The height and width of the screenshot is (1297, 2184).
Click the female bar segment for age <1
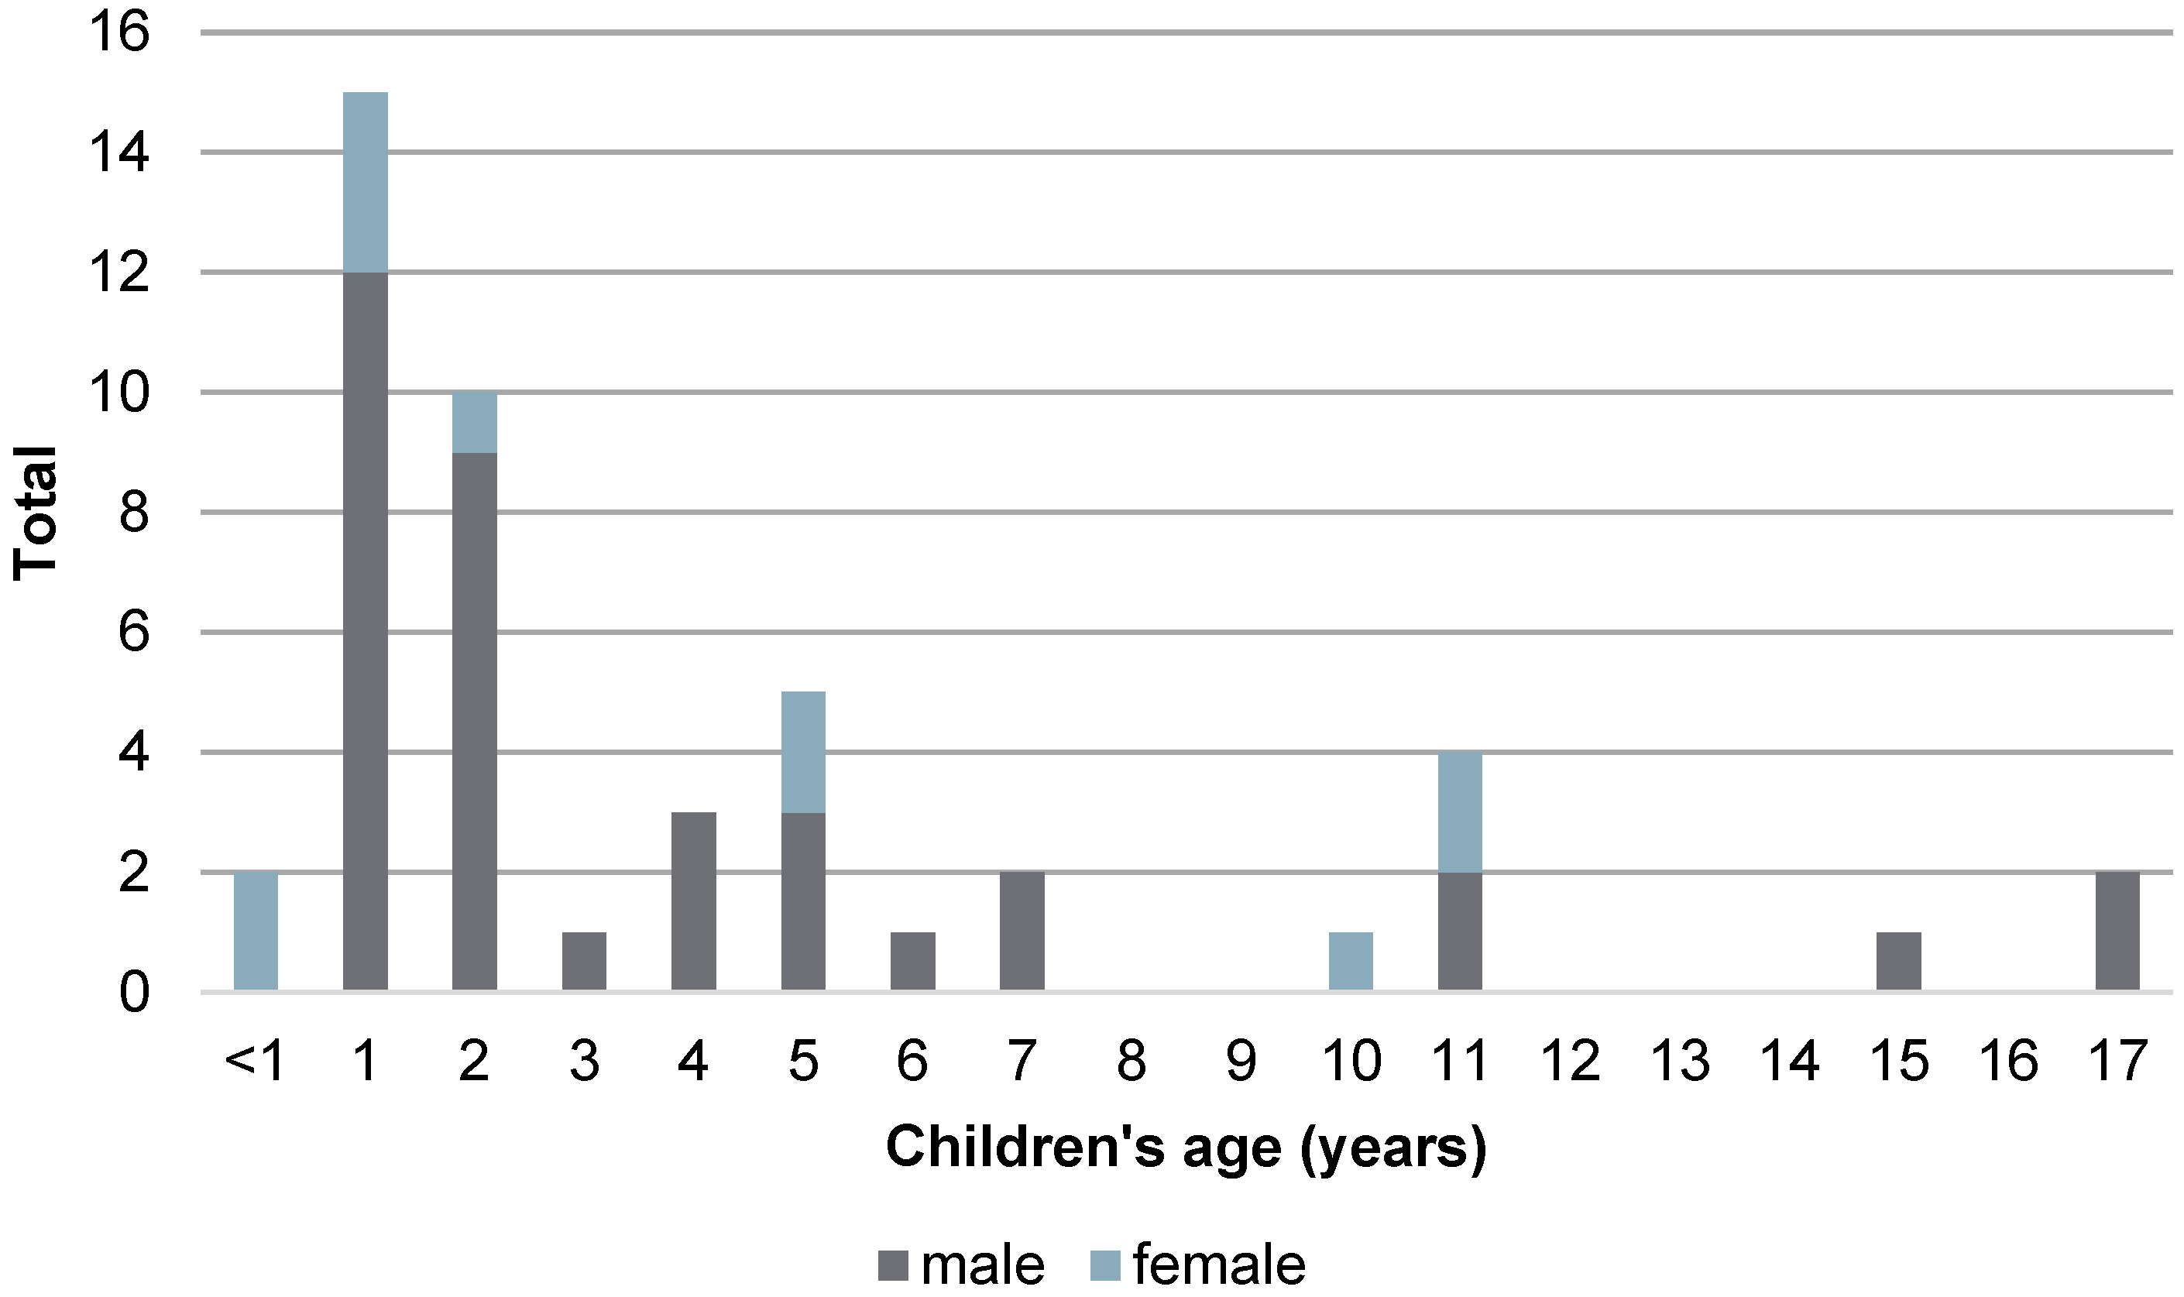click(256, 932)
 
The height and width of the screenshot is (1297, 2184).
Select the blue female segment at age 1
click(366, 182)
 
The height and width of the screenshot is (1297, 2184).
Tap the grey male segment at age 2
click(475, 722)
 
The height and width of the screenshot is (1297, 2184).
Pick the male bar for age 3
click(584, 962)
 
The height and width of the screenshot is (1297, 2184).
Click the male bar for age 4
click(693, 902)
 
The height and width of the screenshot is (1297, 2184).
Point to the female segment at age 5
click(803, 753)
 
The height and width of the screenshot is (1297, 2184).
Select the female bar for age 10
click(1350, 962)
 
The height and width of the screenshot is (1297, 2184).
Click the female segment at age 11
click(1460, 812)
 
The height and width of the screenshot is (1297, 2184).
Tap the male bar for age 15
click(1898, 962)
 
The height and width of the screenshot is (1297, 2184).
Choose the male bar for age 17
click(2117, 932)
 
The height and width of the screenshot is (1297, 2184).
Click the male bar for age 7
click(1022, 932)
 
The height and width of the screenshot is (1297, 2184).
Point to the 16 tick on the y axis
click(120, 33)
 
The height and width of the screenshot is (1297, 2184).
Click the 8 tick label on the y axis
click(134, 513)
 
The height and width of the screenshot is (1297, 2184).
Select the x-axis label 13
click(1679, 1062)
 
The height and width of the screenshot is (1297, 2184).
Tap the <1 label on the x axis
click(254, 1062)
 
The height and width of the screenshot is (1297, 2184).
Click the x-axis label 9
click(1241, 1062)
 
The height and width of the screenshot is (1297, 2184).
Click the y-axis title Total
click(35, 513)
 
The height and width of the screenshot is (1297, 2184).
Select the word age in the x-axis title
click(1231, 1148)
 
